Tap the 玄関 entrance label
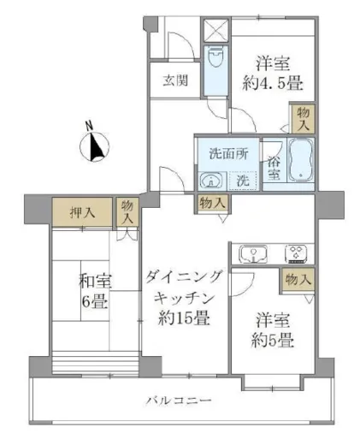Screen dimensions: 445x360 coord(176,82)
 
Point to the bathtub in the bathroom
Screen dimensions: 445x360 coord(300,163)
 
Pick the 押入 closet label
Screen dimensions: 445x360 coord(82,210)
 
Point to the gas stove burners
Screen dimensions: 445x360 coord(296,252)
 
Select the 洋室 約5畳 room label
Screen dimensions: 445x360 coord(274,330)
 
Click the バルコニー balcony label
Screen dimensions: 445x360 coord(178,400)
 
